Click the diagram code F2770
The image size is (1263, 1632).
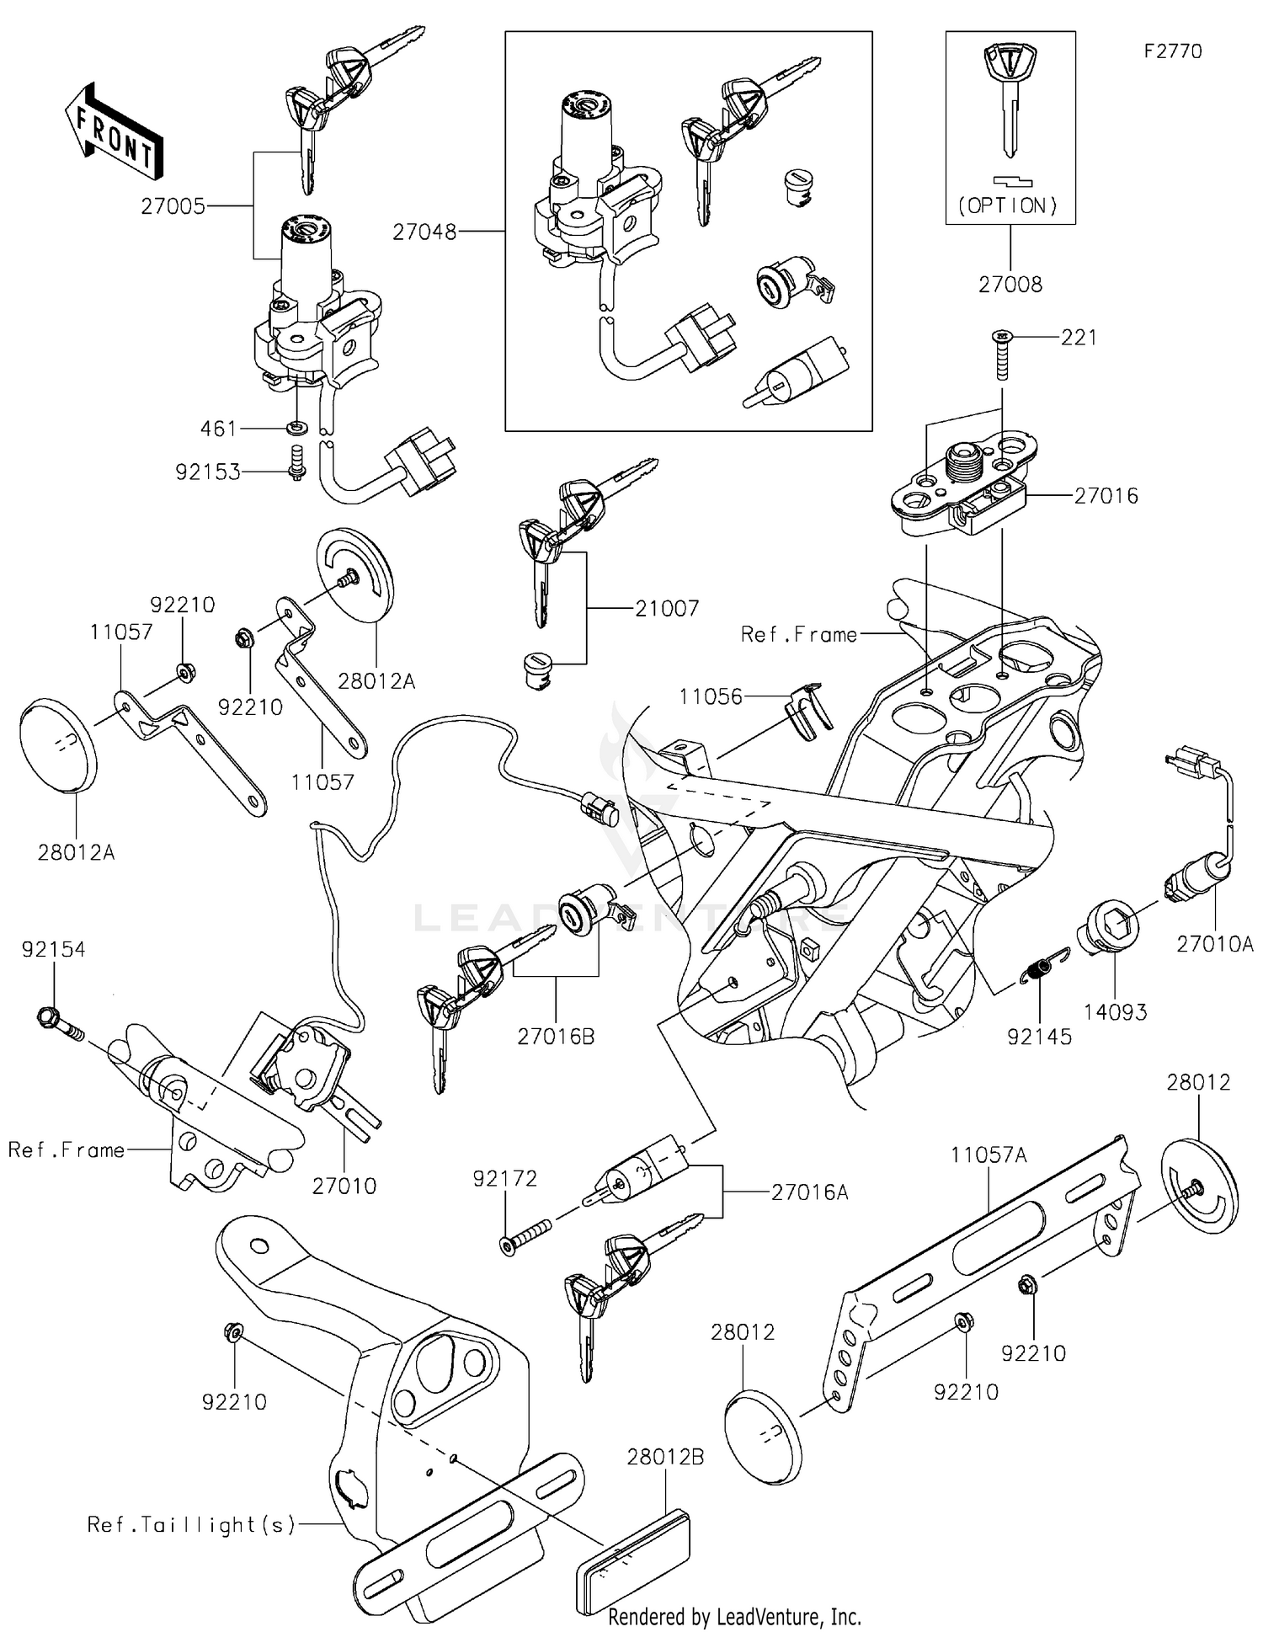(1173, 51)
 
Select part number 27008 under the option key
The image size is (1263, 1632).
(1010, 285)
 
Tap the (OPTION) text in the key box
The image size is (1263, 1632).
(1010, 205)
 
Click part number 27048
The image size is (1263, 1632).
(424, 232)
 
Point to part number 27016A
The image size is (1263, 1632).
(809, 1192)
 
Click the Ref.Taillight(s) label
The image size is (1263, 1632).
(191, 1524)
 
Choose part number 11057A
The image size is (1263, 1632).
(989, 1155)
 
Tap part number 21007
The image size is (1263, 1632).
(667, 608)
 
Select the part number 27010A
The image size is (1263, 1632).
(1214, 945)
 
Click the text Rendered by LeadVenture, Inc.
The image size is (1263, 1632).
(734, 1617)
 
